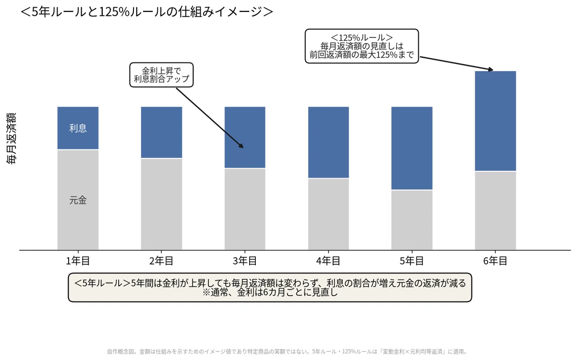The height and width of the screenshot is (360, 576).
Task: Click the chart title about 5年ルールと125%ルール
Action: click(x=146, y=12)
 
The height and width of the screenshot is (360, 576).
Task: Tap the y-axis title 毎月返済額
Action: click(x=12, y=138)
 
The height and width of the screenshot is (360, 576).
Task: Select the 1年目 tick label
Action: click(x=78, y=261)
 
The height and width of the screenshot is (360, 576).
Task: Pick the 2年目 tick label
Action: click(x=161, y=261)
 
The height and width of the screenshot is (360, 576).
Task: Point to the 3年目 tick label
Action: click(x=245, y=261)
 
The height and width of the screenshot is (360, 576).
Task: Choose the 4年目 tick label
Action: click(x=328, y=261)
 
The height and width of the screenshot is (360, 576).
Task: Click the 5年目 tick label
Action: click(x=412, y=261)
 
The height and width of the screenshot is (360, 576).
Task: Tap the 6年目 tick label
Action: click(x=495, y=261)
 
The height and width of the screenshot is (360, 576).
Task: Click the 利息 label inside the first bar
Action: click(x=78, y=128)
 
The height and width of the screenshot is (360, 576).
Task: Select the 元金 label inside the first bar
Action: click(x=78, y=200)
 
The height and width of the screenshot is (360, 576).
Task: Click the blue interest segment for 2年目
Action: click(x=161, y=132)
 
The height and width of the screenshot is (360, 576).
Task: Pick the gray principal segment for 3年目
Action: click(x=245, y=209)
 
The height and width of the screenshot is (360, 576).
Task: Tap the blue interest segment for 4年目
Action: click(x=329, y=143)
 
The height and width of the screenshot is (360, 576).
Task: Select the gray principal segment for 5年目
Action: click(x=412, y=220)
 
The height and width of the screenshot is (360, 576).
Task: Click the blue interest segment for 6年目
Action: click(x=495, y=121)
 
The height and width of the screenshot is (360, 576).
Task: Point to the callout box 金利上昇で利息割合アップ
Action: click(x=161, y=75)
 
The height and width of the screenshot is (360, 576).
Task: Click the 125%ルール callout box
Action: click(x=362, y=46)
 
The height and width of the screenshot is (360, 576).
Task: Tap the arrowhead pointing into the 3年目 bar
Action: click(x=241, y=146)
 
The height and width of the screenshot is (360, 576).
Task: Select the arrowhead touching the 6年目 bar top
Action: click(x=491, y=70)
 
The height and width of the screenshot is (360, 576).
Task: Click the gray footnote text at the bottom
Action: click(x=287, y=351)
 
